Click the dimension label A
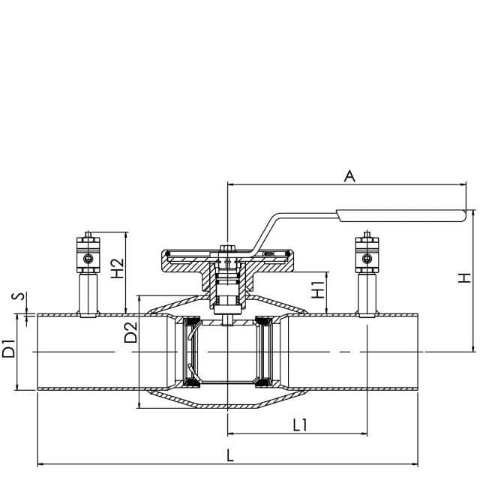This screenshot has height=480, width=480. tap(349, 176)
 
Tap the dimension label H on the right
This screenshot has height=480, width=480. tap(464, 278)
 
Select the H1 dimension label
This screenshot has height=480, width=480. tap(318, 289)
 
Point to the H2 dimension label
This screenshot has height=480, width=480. tap(118, 268)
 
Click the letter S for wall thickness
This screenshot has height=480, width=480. tap(18, 296)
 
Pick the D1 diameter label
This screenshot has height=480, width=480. tap(8, 348)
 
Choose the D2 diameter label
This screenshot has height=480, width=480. tap(131, 332)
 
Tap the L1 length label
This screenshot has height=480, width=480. tap(300, 425)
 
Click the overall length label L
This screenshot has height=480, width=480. tap(230, 455)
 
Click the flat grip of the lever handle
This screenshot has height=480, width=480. tap(401, 215)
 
